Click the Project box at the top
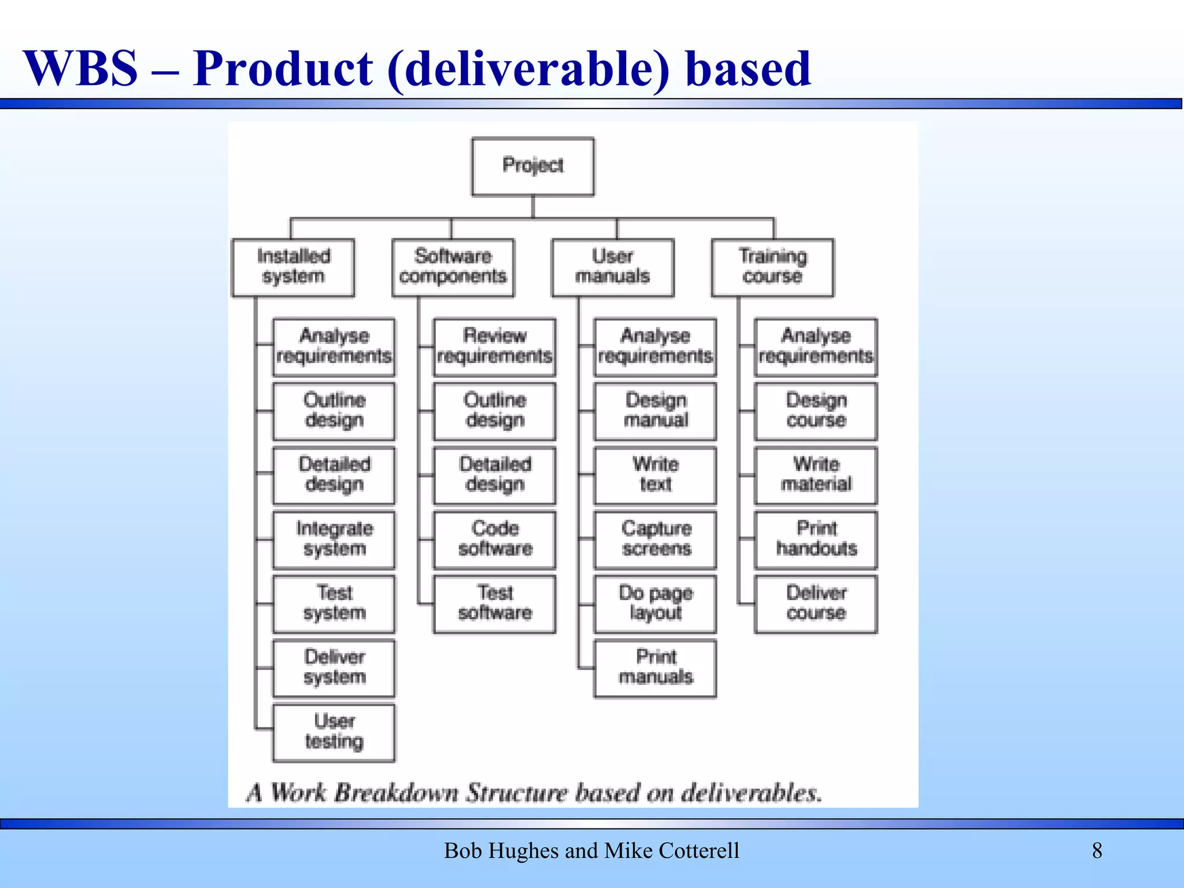[532, 166]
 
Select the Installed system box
[293, 267]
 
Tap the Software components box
[453, 267]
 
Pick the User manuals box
[613, 267]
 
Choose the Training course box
[772, 267]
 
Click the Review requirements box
[494, 347]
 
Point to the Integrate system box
[334, 539]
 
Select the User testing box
[334, 732]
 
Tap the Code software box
[494, 539]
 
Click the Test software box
[494, 604]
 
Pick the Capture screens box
[655, 539]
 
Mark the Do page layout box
[655, 604]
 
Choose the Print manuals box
[655, 668]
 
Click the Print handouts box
[816, 539]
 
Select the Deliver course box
[816, 604]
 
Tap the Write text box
[655, 475]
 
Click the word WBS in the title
[80, 69]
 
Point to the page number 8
[1097, 850]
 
